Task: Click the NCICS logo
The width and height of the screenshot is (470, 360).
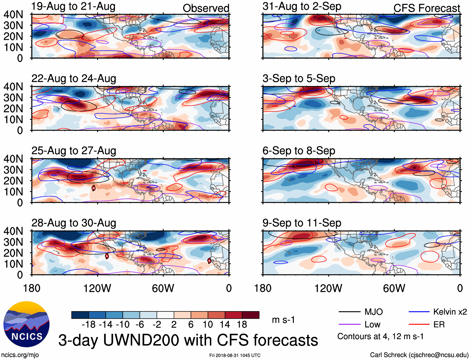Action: click(x=26, y=324)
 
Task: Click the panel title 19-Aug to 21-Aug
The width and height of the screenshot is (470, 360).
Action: click(x=73, y=6)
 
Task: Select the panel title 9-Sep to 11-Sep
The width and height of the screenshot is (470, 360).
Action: click(x=302, y=223)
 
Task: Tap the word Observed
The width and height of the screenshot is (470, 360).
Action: click(x=206, y=8)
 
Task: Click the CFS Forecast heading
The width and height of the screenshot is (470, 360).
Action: click(x=426, y=8)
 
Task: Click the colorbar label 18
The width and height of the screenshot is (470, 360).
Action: click(x=242, y=325)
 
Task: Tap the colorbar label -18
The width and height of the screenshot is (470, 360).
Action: click(x=89, y=325)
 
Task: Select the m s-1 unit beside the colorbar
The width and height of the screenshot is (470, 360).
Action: click(x=283, y=320)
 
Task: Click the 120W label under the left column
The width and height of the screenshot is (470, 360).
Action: click(x=97, y=288)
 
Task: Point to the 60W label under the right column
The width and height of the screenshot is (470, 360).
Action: click(x=394, y=288)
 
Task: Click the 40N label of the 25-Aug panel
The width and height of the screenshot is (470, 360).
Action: click(x=13, y=159)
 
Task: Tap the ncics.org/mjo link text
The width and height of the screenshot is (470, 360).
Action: click(x=20, y=355)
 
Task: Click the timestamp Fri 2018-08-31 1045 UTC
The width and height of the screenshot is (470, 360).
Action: click(x=235, y=355)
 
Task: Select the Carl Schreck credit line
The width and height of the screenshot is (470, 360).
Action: click(x=419, y=355)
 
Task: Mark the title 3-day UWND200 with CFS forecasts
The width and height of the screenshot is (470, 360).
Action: click(x=188, y=340)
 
